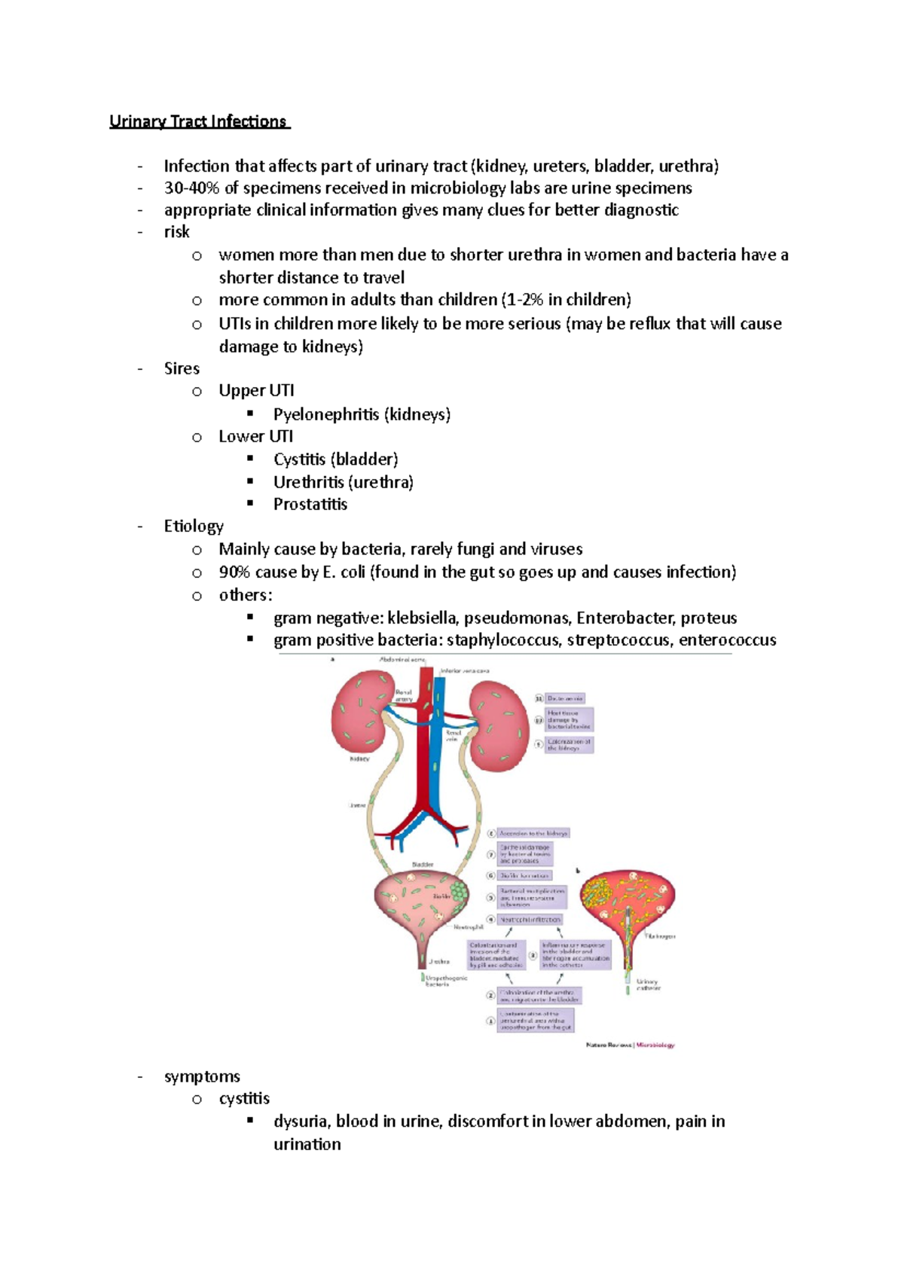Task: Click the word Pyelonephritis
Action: [326, 414]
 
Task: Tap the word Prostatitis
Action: [310, 505]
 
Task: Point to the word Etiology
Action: [194, 527]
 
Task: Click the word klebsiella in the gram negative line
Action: [422, 618]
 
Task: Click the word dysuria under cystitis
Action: [302, 1122]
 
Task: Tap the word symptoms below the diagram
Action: [202, 1077]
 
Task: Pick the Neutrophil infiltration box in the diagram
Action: [530, 920]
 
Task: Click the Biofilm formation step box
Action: [525, 876]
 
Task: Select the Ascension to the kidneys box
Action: [533, 834]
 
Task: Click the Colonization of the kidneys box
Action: [570, 744]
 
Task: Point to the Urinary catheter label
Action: [648, 984]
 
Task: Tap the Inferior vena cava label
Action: [465, 670]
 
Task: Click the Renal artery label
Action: [404, 695]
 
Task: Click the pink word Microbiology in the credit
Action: [655, 1045]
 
